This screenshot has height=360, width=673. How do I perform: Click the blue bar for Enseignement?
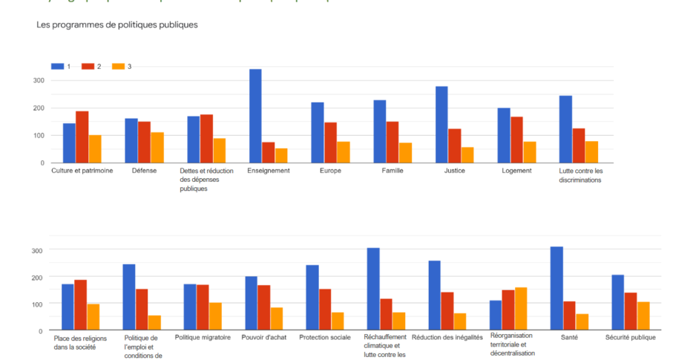(x=255, y=116)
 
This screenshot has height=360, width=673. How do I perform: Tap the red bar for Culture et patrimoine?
(x=82, y=137)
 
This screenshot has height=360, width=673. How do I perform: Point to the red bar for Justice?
(x=455, y=146)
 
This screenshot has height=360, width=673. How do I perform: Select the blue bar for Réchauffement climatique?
(x=373, y=289)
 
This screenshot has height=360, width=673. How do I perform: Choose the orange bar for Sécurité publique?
(x=643, y=315)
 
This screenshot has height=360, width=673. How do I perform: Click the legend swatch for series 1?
(x=57, y=67)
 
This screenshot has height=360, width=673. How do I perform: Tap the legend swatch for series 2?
(x=88, y=67)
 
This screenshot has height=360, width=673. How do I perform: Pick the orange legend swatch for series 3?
(x=117, y=67)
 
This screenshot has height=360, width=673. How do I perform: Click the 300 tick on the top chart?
(x=38, y=80)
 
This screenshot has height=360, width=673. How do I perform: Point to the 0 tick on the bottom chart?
(x=41, y=330)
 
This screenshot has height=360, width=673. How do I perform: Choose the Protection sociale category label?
(x=325, y=338)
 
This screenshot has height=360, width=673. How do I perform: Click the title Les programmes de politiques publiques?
(x=117, y=25)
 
